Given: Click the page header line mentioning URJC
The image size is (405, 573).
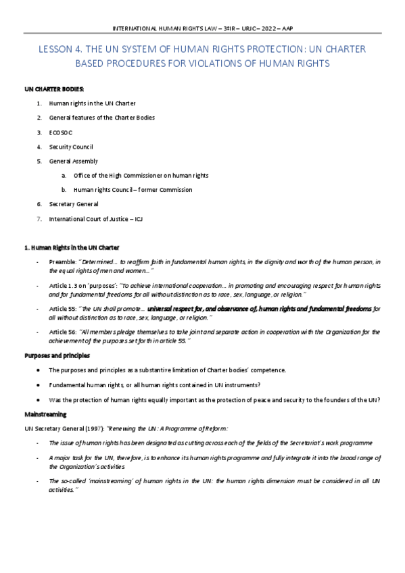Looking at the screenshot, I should click(x=202, y=28).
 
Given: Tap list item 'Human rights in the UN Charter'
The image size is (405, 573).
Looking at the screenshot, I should click(x=92, y=103).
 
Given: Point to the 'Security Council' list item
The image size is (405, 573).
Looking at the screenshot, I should click(x=71, y=147).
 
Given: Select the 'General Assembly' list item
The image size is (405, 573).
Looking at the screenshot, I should click(x=73, y=161).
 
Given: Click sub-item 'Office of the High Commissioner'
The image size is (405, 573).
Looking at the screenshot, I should click(x=141, y=176).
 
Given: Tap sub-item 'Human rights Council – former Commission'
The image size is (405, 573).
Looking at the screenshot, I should click(x=133, y=190).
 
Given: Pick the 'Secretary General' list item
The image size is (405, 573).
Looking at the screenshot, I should click(x=73, y=203).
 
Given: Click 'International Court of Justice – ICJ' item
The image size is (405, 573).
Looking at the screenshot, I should click(x=96, y=218).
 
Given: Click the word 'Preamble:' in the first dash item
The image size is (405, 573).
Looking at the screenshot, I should click(x=63, y=261).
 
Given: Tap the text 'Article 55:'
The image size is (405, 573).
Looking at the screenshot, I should click(x=63, y=308).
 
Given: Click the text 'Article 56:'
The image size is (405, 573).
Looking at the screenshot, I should click(x=63, y=332).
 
